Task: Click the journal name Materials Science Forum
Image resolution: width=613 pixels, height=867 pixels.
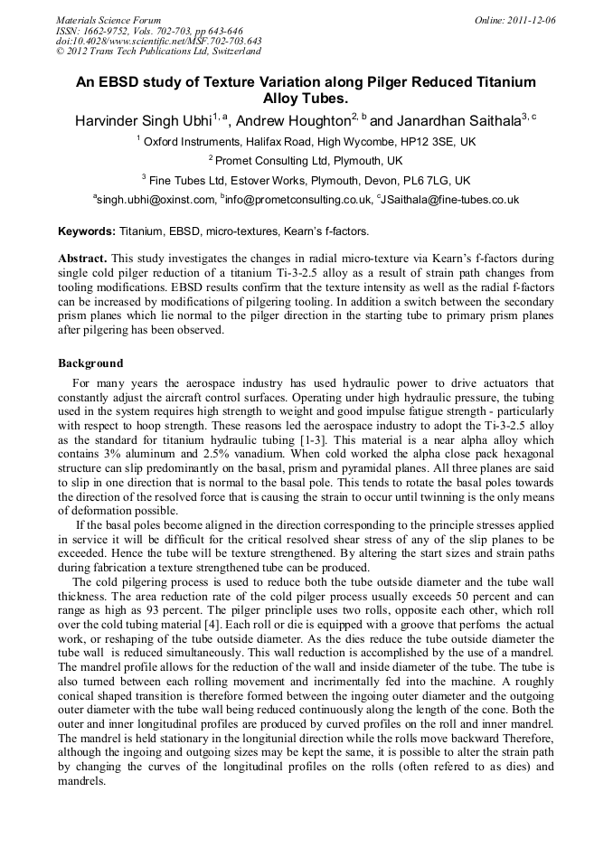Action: pos(108,20)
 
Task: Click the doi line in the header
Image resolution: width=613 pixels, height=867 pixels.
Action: pos(158,41)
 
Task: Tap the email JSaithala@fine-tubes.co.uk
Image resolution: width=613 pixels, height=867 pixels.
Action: pos(451,200)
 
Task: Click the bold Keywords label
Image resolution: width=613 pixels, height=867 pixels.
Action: pos(87,232)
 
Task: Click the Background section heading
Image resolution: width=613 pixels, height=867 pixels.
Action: pos(90,363)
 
